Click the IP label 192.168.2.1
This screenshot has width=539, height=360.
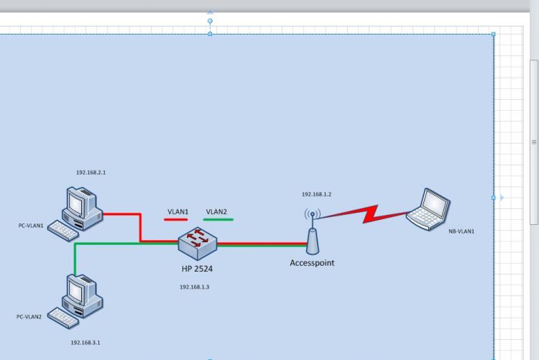coord(91,172)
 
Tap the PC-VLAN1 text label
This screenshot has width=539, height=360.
coord(31,226)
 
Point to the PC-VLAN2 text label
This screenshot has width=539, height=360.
coord(29,317)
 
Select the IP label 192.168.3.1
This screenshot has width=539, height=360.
coord(86,343)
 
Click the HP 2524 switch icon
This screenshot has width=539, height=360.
coord(198,243)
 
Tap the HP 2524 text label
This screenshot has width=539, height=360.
coord(197,269)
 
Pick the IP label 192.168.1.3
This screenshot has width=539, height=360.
coord(194,287)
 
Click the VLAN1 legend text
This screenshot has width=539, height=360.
coord(178,211)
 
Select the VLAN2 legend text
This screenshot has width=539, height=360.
coord(216,211)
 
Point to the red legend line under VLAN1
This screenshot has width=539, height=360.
coord(175,220)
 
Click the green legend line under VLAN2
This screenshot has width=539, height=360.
coord(218,219)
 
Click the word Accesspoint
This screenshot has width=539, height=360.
coord(312,263)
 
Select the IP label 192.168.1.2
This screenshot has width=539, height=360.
coord(316,194)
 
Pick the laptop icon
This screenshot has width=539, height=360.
coord(428,209)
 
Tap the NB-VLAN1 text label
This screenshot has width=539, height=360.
coord(461,231)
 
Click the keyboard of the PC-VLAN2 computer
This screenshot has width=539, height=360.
coord(63,318)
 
